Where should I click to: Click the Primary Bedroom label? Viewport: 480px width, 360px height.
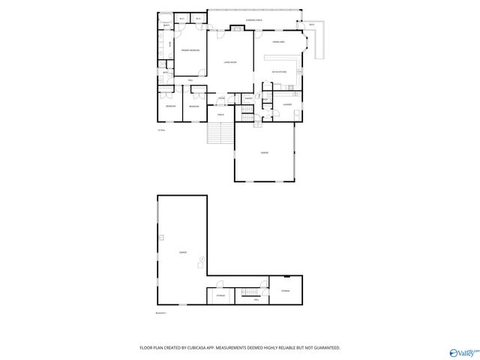pos(190,50)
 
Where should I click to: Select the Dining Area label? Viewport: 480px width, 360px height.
pos(277,41)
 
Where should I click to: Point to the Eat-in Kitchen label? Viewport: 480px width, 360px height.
pos(279,72)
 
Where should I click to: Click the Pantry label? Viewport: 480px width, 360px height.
pos(248,98)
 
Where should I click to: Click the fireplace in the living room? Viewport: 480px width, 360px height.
pos(236,29)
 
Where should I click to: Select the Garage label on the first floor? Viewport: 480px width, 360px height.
pos(264,151)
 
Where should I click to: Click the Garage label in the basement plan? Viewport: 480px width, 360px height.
pos(183,253)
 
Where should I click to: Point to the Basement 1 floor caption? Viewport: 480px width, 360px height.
pos(160,312)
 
